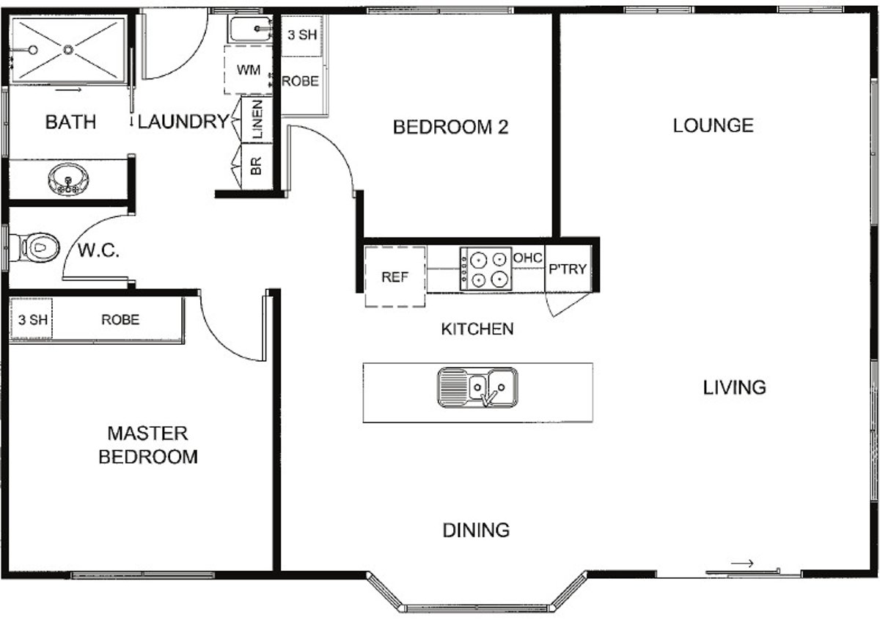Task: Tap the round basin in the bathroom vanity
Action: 68,179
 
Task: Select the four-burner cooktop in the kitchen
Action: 486,269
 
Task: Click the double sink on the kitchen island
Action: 477,387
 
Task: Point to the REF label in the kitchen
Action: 395,277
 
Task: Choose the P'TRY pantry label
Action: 568,269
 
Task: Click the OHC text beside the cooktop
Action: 527,258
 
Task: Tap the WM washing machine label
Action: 249,70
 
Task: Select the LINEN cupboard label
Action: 257,119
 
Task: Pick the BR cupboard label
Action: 256,166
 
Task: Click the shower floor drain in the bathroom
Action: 68,50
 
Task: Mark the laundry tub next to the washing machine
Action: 251,29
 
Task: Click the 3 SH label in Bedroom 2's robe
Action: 302,35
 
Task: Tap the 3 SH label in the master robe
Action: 33,320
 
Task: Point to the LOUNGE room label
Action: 713,125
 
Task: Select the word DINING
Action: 476,530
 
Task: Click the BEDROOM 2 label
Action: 450,127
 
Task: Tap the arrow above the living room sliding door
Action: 741,564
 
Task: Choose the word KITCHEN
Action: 477,329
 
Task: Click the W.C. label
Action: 98,250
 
